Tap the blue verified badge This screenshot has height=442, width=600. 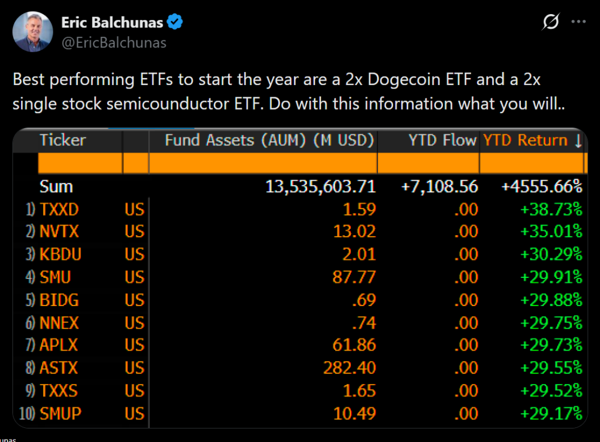[x=175, y=23]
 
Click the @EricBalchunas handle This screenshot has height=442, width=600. [x=114, y=43]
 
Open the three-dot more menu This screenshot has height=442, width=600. [x=578, y=22]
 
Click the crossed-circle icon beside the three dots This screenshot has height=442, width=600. [x=550, y=22]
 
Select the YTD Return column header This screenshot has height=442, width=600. [x=532, y=140]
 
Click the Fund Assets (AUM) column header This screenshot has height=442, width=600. [x=269, y=140]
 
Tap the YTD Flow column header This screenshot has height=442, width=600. [x=442, y=140]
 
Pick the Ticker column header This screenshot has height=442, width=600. [x=63, y=140]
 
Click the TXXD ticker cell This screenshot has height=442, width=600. [x=59, y=209]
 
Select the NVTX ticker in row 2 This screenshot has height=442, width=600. [x=59, y=232]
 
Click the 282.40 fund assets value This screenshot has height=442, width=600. [x=349, y=368]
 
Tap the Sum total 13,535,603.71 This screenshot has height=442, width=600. [x=321, y=187]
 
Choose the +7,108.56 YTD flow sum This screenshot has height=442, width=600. [x=439, y=187]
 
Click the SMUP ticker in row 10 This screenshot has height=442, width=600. [x=60, y=414]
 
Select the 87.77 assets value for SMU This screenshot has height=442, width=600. [x=354, y=277]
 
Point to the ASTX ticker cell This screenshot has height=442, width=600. [x=59, y=368]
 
